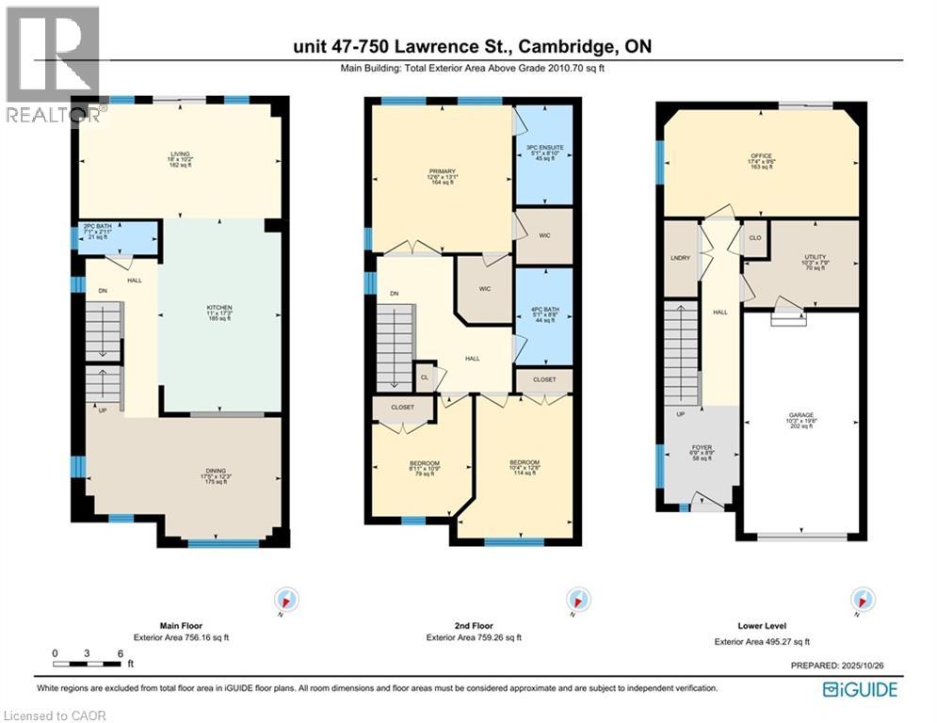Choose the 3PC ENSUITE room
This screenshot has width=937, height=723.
click(x=545, y=153)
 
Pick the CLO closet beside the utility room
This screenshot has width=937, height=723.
click(x=754, y=238)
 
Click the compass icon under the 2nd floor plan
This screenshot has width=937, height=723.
click(x=574, y=600)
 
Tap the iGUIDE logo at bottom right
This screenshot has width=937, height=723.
click(x=859, y=690)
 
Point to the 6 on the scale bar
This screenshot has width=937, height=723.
click(x=120, y=652)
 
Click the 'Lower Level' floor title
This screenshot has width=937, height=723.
click(x=762, y=625)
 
